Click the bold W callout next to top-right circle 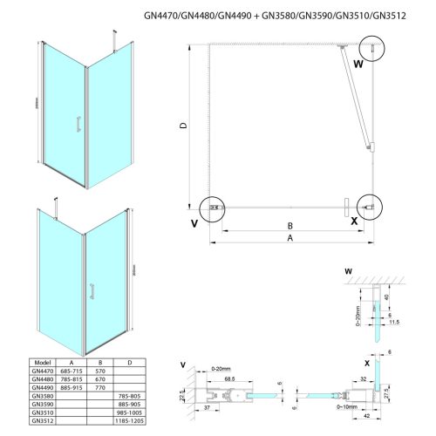click(358, 63)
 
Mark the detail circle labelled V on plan click(211, 208)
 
